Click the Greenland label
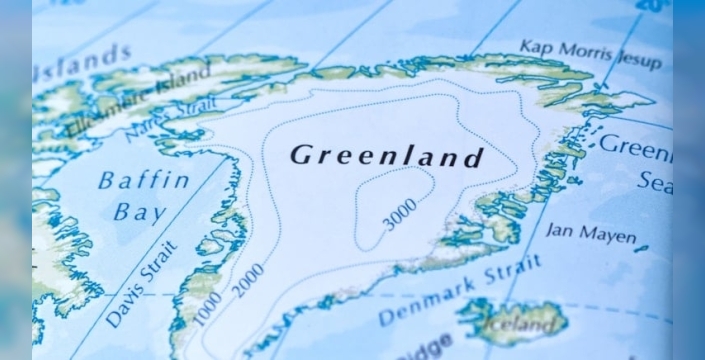pyautogui.click(x=387, y=156)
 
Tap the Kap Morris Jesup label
pyautogui.click(x=590, y=54)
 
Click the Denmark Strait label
pyautogui.click(x=459, y=290)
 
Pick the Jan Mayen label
pyautogui.click(x=590, y=235)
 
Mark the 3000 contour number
pyautogui.click(x=400, y=214)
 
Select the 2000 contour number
pyautogui.click(x=248, y=280)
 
